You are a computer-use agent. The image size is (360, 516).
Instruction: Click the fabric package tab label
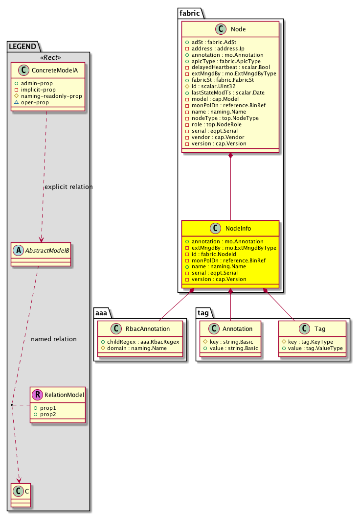190,14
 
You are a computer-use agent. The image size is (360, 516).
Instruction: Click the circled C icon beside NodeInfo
215,229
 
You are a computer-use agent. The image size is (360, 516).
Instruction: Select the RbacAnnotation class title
147,329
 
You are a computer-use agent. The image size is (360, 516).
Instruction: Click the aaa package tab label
104,312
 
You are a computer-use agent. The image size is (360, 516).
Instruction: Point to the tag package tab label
205,312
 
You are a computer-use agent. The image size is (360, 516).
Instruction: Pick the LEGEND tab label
22,47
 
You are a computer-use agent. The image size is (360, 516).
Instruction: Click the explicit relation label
68,187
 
